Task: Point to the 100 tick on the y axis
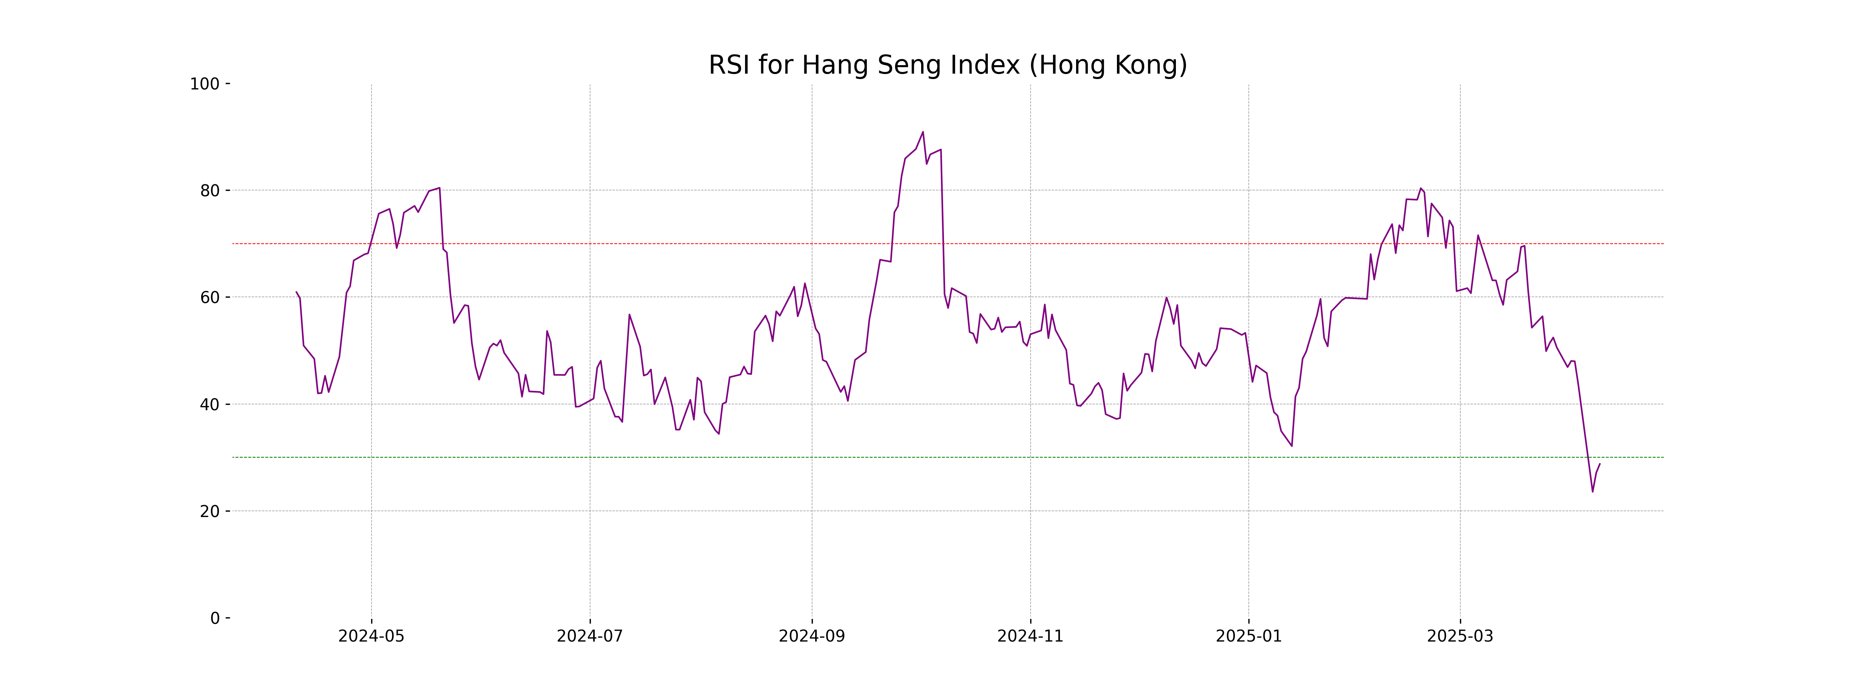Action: pos(205,84)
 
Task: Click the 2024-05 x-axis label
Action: pos(371,637)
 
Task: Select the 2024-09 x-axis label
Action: pos(812,637)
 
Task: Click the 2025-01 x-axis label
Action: pos(1248,637)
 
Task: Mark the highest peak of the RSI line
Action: pos(923,132)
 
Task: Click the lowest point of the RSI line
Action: pos(1592,492)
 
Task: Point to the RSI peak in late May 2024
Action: pos(439,188)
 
